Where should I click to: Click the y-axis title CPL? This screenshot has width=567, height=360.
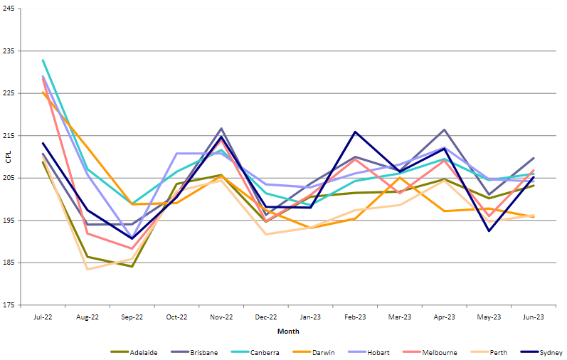pyautogui.click(x=8, y=157)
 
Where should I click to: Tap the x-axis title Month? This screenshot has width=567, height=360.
pyautogui.click(x=288, y=332)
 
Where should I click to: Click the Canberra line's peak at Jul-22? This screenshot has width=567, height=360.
pyautogui.click(x=43, y=60)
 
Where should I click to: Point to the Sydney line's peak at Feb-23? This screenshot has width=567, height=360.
pyautogui.click(x=355, y=132)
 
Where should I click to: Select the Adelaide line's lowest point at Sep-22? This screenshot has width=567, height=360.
pyautogui.click(x=132, y=266)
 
